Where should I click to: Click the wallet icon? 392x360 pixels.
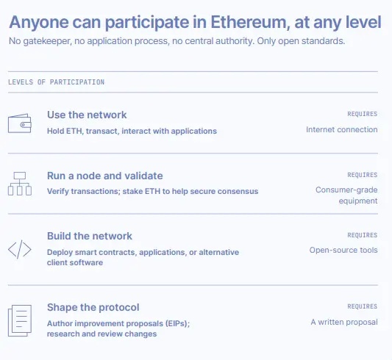tap(20, 123)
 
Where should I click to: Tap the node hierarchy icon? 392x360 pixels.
tap(20, 184)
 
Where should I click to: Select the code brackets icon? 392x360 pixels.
tap(20, 249)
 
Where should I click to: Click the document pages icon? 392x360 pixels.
tap(20, 320)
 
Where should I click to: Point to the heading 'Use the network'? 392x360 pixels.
tap(87, 115)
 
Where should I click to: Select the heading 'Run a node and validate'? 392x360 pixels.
tap(105, 176)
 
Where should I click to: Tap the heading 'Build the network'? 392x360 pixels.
tap(90, 236)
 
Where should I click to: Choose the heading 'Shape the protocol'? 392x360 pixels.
tap(93, 308)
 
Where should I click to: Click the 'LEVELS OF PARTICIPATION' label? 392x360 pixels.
tap(56, 82)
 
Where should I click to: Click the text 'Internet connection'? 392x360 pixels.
tap(342, 129)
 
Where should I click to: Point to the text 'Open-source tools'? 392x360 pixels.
tap(343, 250)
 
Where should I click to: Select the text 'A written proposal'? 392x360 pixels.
tap(344, 322)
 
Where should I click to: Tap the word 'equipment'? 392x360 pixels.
tap(358, 201)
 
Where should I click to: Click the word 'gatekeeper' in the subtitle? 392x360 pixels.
tap(47, 41)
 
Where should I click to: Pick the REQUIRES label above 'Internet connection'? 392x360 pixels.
tap(363, 114)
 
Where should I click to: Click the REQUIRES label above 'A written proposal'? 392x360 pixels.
tap(363, 306)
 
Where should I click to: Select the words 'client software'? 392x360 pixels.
tap(75, 262)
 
